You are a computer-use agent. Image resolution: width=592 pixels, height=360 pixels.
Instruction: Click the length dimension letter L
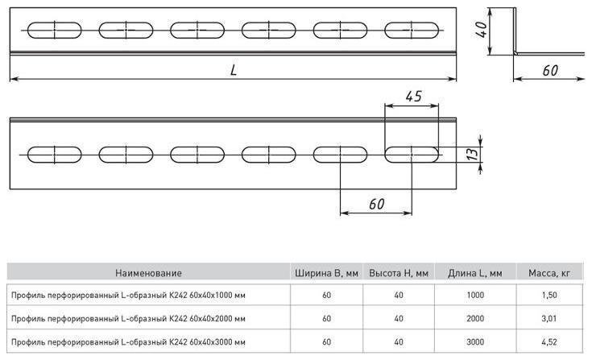click(234, 70)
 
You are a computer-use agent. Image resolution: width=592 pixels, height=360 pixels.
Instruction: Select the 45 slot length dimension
click(414, 96)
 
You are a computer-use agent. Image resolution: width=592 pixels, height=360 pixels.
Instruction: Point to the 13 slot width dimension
click(472, 154)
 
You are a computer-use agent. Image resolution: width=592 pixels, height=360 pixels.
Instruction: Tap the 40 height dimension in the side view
click(482, 30)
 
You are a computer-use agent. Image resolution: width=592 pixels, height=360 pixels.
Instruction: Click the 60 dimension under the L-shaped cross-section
click(550, 70)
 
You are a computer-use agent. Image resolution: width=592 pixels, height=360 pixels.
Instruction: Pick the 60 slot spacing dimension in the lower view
click(376, 204)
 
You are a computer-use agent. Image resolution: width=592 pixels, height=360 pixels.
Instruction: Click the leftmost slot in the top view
click(55, 30)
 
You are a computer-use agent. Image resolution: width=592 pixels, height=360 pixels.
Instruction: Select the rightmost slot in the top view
click(412, 30)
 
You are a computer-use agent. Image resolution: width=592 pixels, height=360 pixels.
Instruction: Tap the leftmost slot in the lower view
click(55, 155)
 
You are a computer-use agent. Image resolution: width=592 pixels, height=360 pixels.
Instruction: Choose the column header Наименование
click(148, 273)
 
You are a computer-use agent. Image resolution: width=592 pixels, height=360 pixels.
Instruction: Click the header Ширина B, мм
click(326, 273)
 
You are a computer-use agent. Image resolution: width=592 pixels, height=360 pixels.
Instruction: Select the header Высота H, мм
click(399, 273)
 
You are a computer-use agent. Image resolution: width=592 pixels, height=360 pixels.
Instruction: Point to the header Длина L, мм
click(475, 273)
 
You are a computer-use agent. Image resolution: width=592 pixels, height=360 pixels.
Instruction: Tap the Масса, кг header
click(549, 273)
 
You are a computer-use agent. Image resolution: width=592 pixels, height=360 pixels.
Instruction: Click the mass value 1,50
click(549, 295)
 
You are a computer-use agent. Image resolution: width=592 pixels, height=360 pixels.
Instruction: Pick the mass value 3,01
click(549, 318)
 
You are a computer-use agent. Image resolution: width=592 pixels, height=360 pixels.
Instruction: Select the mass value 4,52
click(549, 342)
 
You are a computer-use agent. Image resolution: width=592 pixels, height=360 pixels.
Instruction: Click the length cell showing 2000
click(475, 318)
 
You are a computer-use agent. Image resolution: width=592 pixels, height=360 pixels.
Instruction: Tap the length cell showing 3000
click(475, 342)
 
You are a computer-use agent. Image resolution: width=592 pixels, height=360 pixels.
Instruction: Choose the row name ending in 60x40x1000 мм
click(128, 295)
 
